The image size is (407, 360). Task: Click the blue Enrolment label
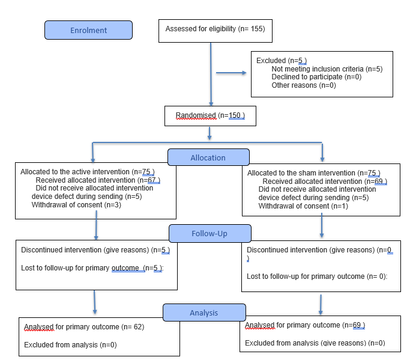coord(88,30)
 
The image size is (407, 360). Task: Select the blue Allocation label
coord(208,157)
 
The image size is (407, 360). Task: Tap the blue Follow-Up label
coord(210,233)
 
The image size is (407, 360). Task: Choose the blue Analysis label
coord(204,313)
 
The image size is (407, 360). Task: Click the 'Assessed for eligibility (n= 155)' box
coord(215,29)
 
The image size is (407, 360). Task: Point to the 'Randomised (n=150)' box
coord(210,115)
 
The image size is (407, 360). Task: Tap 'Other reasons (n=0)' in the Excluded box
coord(303,85)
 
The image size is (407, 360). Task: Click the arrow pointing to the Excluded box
coord(231,73)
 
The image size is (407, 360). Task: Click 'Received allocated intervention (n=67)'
coord(98,180)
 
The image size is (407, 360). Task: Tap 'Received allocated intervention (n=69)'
coord(325,181)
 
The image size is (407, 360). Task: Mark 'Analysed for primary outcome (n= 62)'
coord(84,327)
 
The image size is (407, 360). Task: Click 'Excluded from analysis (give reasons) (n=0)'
coord(315,343)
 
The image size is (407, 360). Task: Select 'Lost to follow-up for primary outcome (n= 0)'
coord(317,276)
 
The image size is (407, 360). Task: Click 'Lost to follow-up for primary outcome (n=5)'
coord(92,268)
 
